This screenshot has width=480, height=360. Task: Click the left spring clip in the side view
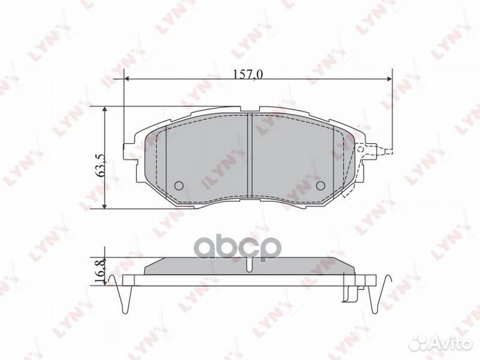[121, 290]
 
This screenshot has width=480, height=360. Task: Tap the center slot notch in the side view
[249, 266]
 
